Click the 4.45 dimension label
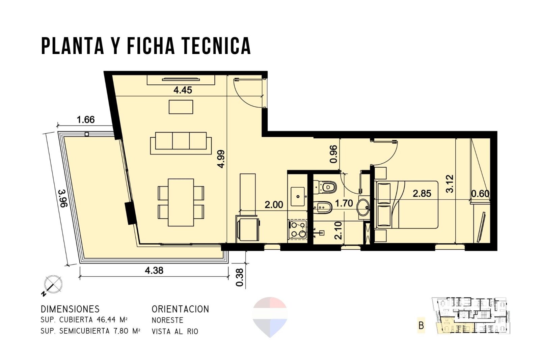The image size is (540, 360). [183, 90]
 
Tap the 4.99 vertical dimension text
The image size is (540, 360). [221, 159]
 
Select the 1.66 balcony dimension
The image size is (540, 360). [86, 120]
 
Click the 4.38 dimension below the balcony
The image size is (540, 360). [154, 270]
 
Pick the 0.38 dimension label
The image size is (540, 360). [240, 277]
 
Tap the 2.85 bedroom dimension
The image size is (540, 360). [422, 193]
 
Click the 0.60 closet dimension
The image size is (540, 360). [481, 193]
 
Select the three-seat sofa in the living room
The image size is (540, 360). [181, 143]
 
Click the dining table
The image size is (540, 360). [181, 202]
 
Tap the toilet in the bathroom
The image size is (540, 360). [325, 187]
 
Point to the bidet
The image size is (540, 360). [323, 207]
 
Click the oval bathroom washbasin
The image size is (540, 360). [363, 207]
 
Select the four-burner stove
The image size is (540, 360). [297, 230]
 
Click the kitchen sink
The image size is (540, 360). [298, 197]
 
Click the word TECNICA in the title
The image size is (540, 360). [216, 46]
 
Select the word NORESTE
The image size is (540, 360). [167, 320]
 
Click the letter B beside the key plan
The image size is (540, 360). [421, 326]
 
